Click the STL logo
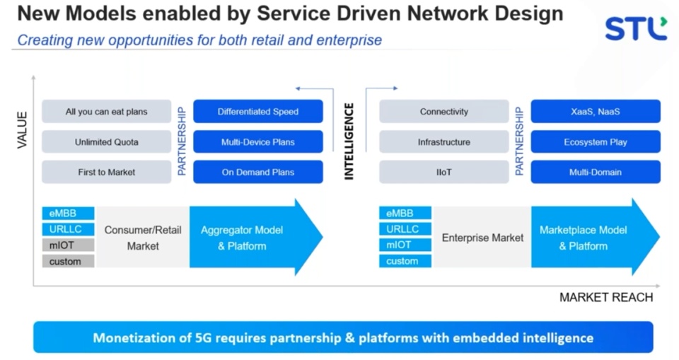click(x=636, y=28)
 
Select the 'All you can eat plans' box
click(x=107, y=111)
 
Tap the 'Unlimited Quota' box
click(x=107, y=141)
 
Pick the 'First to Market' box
click(x=107, y=172)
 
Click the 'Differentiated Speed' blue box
click(x=258, y=111)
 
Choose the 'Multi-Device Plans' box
click(x=258, y=141)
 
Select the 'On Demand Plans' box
click(x=258, y=172)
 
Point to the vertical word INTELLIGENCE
click(x=349, y=141)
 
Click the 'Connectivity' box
click(x=444, y=111)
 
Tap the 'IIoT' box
click(x=444, y=172)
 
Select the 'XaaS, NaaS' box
click(x=596, y=111)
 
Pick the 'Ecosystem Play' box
click(x=596, y=141)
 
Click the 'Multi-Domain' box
click(x=596, y=172)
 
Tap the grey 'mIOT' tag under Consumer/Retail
click(x=68, y=245)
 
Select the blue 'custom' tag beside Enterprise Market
click(x=405, y=261)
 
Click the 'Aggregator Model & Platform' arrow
click(x=255, y=238)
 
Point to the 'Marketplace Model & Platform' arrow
click(x=596, y=238)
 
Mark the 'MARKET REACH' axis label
click(x=606, y=297)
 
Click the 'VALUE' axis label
click(x=22, y=130)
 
